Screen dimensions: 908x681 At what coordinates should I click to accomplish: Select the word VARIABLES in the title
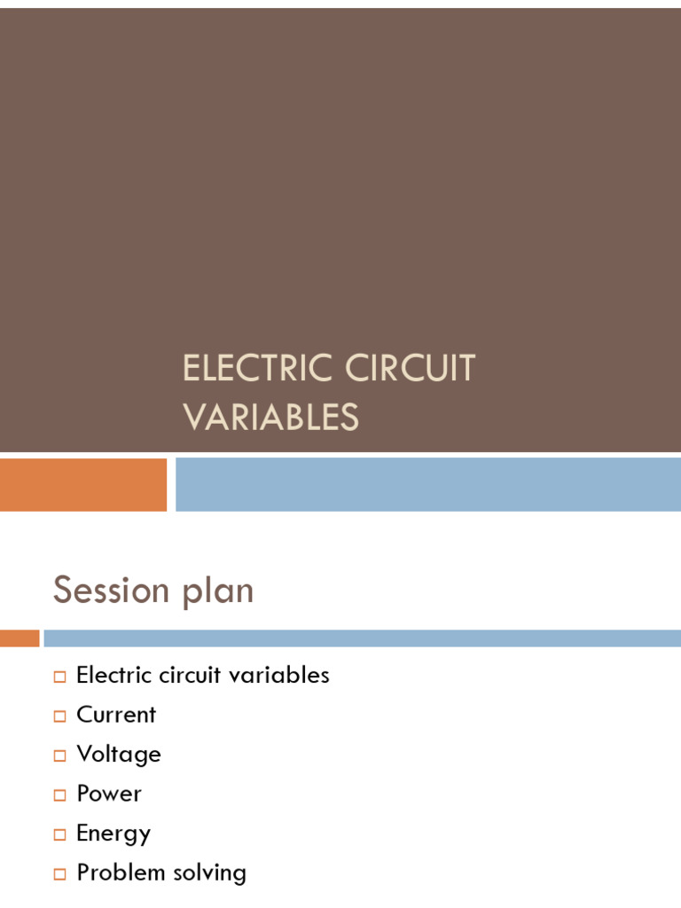[270, 417]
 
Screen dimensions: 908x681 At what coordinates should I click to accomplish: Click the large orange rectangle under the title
[83, 484]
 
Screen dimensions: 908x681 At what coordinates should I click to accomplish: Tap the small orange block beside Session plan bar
[20, 638]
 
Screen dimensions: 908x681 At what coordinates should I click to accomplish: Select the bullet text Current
[116, 715]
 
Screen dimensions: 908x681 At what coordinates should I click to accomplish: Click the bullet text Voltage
[119, 755]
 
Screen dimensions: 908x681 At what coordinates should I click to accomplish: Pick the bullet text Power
[109, 794]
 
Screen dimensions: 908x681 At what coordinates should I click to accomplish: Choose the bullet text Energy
[113, 834]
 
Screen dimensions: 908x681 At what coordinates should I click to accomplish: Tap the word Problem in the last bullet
[120, 873]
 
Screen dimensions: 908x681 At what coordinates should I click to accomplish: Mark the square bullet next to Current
[59, 716]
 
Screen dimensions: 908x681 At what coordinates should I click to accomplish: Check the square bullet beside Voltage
[59, 756]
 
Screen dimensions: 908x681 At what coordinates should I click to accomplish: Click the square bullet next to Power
[59, 795]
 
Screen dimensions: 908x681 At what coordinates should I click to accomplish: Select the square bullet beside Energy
[59, 835]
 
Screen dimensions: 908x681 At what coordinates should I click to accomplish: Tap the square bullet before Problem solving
[59, 874]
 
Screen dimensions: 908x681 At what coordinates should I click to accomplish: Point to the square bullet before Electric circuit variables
[59, 677]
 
